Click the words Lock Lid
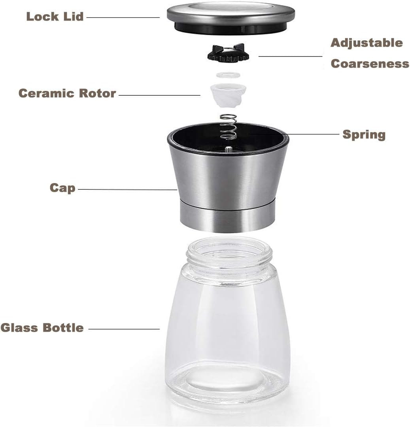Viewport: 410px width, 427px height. (x=55, y=17)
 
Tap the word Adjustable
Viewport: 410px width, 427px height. (x=367, y=43)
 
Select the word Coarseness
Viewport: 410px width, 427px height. (x=370, y=64)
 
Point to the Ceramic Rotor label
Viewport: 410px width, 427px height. (x=67, y=94)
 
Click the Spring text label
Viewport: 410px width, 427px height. (x=364, y=134)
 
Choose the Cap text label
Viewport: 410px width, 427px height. (x=62, y=188)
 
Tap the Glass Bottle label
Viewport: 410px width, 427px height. (x=42, y=328)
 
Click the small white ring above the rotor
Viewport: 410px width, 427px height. (x=228, y=75)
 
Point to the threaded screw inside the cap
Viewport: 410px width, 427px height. (x=229, y=149)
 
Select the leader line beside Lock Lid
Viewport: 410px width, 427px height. (x=123, y=17)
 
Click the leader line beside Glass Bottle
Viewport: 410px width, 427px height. (x=124, y=329)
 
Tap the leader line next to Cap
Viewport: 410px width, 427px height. (x=127, y=189)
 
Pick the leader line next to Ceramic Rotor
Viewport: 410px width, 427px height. (x=159, y=95)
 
